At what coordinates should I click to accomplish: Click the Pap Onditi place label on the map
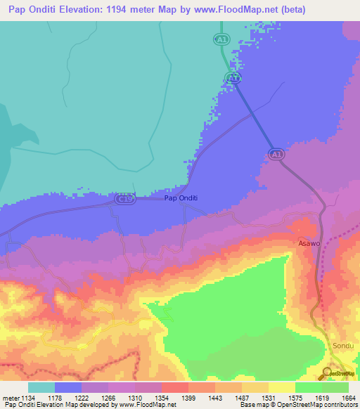point(181,198)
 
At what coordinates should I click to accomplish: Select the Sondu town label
point(342,346)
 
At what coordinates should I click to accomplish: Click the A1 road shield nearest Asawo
point(276,153)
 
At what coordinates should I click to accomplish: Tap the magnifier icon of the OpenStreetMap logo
point(328,372)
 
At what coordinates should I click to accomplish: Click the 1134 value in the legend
point(28,396)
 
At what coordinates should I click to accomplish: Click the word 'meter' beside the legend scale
point(11,396)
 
